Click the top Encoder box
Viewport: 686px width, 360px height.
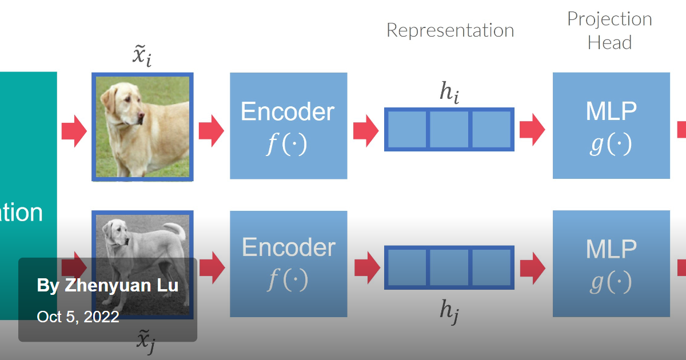coord(288,126)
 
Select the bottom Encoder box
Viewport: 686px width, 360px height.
coord(288,263)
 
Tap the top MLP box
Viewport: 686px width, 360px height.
coord(611,126)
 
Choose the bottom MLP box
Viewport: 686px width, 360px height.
coord(611,263)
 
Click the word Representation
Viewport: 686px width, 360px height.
coord(450,30)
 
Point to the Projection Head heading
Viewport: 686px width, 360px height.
coord(609,31)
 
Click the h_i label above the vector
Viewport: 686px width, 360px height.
coord(449,92)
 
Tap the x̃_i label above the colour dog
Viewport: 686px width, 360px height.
coord(142,56)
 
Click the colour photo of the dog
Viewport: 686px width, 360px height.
coord(142,126)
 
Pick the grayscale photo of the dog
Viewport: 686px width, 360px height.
coord(142,240)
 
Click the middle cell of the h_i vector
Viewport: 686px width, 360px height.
coord(449,130)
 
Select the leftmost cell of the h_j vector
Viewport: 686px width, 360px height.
coord(406,267)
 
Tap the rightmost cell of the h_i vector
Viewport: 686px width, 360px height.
coord(491,130)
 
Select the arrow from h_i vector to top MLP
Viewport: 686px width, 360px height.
coord(532,130)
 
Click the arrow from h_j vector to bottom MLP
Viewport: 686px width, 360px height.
coord(532,267)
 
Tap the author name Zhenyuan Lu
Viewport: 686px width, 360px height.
coord(107,286)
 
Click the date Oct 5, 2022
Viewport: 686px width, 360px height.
coord(78,317)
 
